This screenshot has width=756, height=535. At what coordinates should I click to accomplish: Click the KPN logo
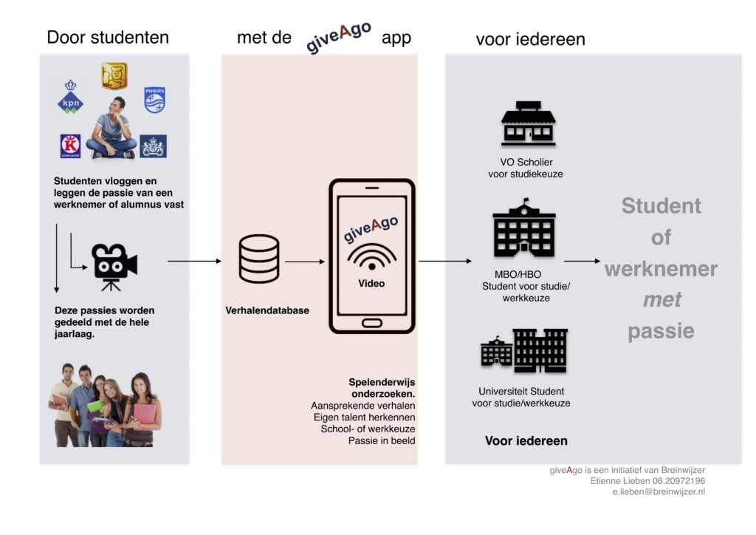(x=71, y=96)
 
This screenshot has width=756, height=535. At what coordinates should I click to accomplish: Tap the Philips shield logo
(x=155, y=100)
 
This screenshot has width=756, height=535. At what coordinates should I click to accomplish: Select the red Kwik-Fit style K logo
(x=70, y=146)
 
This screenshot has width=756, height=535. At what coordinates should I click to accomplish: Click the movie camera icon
(x=114, y=265)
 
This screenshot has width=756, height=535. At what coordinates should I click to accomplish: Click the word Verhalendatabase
(x=267, y=310)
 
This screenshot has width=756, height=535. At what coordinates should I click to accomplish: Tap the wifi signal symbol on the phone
(x=371, y=259)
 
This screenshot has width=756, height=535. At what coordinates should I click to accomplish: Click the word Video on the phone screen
(x=371, y=283)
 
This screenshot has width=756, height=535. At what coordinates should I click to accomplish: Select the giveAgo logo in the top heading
(x=338, y=37)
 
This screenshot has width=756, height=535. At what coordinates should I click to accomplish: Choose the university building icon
(x=523, y=351)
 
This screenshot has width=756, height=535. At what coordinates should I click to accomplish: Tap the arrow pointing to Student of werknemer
(x=582, y=261)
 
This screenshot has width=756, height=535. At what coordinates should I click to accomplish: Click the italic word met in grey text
(x=661, y=300)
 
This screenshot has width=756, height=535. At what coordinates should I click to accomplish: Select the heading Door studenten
(x=108, y=37)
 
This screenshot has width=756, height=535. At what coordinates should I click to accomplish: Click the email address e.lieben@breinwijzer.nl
(x=653, y=491)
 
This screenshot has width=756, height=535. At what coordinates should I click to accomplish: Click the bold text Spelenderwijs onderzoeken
(x=382, y=388)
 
